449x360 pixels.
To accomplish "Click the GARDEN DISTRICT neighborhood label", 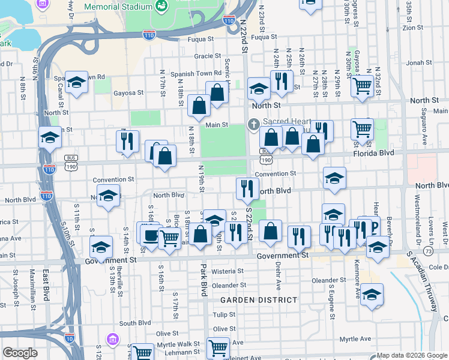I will pos(258,299).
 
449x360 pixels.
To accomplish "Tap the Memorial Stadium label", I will pos(118,7).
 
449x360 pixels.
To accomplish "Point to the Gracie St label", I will pos(208,56).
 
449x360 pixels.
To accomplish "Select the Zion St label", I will pos(413,28).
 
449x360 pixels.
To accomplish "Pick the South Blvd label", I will pos(134,323).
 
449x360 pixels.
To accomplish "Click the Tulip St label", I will pos(224,314).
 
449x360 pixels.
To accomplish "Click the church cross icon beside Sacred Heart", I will pos(253,125).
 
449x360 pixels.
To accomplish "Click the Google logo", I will pos(20,353).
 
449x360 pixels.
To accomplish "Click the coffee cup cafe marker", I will pos(150,235).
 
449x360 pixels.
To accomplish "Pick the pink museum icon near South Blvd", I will pos(111,340).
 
